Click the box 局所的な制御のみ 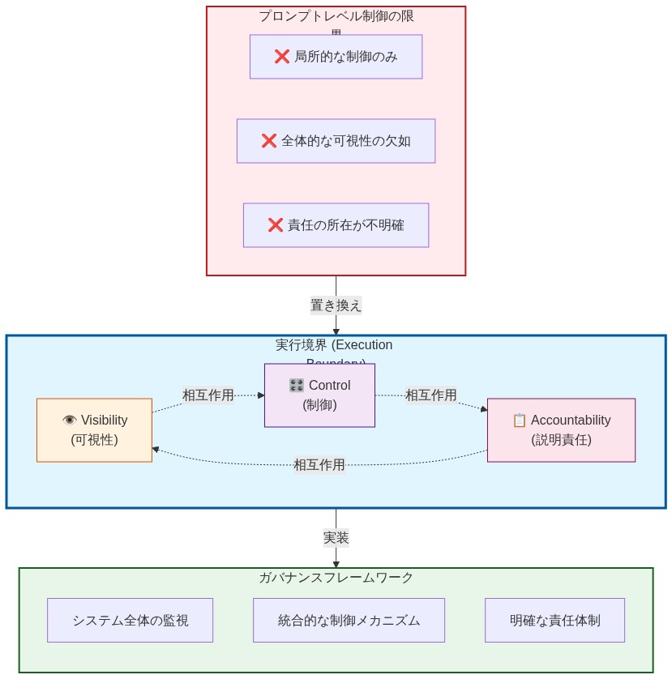(x=336, y=57)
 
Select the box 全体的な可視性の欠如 (x=336, y=141)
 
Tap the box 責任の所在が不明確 (x=336, y=225)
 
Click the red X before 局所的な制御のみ (x=282, y=57)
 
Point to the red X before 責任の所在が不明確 (x=276, y=225)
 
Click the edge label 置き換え (x=336, y=305)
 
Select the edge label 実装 (x=336, y=538)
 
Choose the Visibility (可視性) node (x=94, y=430)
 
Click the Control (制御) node (x=319, y=395)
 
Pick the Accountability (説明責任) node (x=561, y=430)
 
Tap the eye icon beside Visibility (x=70, y=420)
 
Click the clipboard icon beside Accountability (x=520, y=420)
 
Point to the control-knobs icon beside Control (x=297, y=385)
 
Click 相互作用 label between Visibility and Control (x=208, y=395)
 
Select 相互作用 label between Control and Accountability (x=430, y=395)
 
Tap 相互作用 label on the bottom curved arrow (x=319, y=465)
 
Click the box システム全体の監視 (x=130, y=621)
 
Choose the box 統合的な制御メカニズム (x=349, y=621)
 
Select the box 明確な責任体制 (x=554, y=621)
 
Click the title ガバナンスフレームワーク (x=336, y=578)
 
